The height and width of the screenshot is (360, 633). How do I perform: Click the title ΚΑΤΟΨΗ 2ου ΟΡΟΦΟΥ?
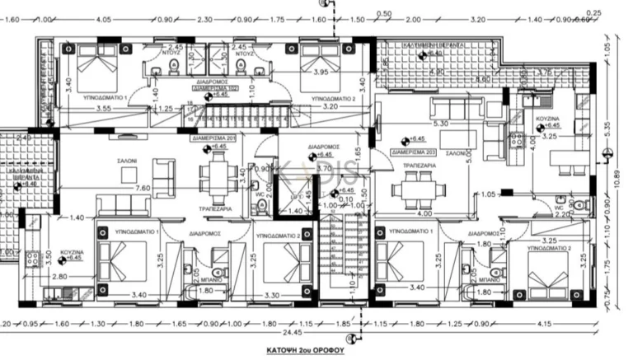pyautogui.click(x=316, y=349)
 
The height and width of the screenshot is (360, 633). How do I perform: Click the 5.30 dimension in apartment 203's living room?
pyautogui.click(x=441, y=124)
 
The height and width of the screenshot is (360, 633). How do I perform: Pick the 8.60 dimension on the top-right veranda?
pyautogui.click(x=484, y=79)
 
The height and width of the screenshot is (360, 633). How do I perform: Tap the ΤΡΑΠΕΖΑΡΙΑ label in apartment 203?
pyautogui.click(x=419, y=166)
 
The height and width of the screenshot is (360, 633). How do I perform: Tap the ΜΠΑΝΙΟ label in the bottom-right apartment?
pyautogui.click(x=492, y=279)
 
